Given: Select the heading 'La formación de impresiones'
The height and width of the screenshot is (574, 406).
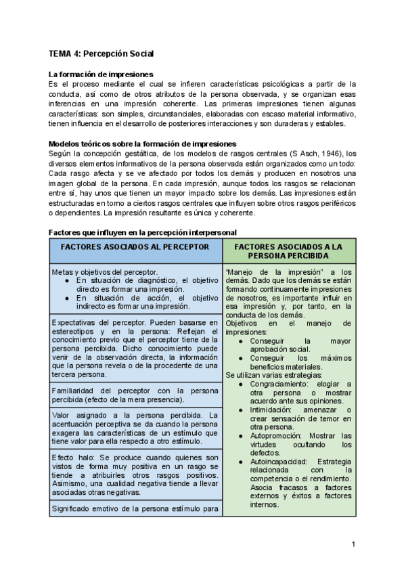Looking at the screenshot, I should click(101, 74).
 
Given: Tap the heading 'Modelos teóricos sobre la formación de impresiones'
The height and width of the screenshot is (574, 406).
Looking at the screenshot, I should click(142, 143).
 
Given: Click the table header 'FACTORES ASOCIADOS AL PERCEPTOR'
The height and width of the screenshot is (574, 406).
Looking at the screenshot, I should click(135, 248).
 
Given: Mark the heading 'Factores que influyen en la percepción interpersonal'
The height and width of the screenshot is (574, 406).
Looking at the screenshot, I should click(142, 232).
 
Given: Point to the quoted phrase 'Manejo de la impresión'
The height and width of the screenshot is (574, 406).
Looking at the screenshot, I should click(263, 271).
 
